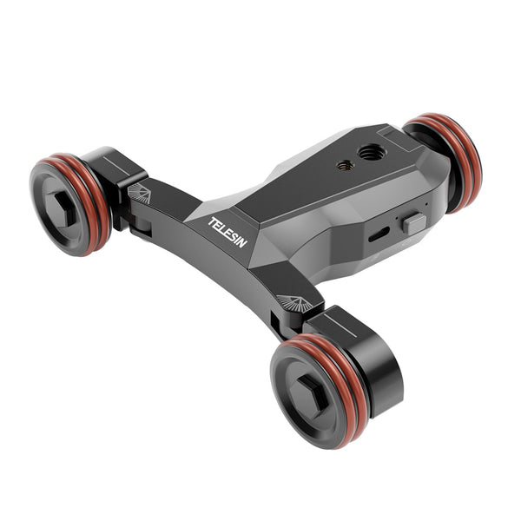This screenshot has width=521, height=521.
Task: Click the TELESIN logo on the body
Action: pos(228,231)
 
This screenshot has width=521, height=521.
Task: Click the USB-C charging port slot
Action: pos(379,234)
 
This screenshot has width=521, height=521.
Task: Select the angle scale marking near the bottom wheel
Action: pos(295,302)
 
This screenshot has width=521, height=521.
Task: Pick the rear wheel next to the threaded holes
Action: pos(450,162)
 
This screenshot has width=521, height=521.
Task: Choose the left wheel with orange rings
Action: pos(69,205)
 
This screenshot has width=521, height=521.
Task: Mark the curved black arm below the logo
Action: pos(217,269)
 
